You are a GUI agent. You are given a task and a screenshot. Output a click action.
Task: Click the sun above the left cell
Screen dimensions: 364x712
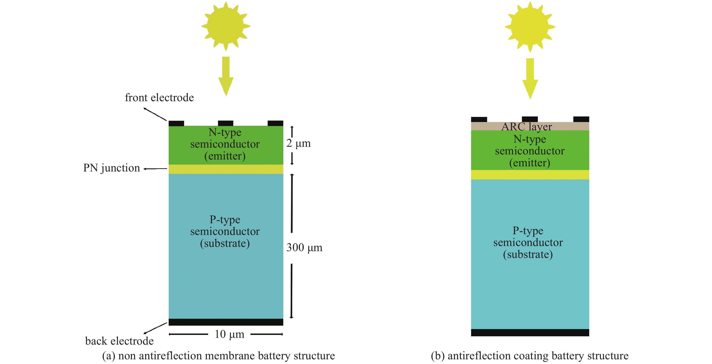point(226,26)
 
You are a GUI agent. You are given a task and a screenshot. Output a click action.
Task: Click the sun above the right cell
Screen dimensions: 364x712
point(530,27)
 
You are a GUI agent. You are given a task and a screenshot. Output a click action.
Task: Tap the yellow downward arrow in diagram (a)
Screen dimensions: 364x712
point(226,76)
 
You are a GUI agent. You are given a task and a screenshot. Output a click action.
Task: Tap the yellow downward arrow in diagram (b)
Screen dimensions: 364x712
point(530,78)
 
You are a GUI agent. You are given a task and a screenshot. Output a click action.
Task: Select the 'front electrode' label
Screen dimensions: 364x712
point(159,98)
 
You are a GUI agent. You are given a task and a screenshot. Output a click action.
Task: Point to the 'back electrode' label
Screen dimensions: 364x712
point(119,341)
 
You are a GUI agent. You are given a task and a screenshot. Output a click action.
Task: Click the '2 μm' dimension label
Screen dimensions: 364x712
point(299,143)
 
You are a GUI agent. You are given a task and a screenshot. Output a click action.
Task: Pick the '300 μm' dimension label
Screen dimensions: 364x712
point(304,247)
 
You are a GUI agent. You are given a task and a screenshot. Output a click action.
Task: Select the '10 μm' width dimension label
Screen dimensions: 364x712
point(229,334)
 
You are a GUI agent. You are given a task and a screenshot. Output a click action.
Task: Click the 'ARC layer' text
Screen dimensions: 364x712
point(526,127)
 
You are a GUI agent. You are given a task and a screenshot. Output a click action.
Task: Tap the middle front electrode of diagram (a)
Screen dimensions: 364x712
point(226,123)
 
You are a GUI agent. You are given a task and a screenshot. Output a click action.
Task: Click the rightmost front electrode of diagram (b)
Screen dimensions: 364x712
point(581,119)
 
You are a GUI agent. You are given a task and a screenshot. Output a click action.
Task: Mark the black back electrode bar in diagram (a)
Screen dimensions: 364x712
point(226,322)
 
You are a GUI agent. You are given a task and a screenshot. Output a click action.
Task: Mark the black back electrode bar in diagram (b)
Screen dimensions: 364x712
point(530,332)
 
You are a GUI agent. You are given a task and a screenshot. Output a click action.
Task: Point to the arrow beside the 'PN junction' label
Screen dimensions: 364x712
point(155,169)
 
